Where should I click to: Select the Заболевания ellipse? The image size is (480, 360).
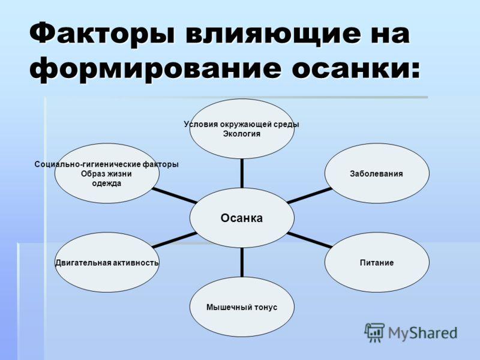pos(377,173)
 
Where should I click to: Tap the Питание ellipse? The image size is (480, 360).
pos(377,263)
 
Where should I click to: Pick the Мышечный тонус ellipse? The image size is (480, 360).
pos(242,307)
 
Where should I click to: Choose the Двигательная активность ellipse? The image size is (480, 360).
pos(107,263)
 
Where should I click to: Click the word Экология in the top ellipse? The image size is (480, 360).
pos(242,133)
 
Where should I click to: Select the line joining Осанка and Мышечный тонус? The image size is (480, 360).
pos(242,262)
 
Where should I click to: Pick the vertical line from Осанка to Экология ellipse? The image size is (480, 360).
pos(242,173)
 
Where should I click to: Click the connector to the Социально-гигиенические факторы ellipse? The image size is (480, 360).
pos(174,196)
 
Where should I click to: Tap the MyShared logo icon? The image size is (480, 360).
pos(374,332)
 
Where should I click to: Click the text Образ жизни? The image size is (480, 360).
pos(106,174)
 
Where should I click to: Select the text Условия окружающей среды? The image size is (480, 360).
pos(241,124)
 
